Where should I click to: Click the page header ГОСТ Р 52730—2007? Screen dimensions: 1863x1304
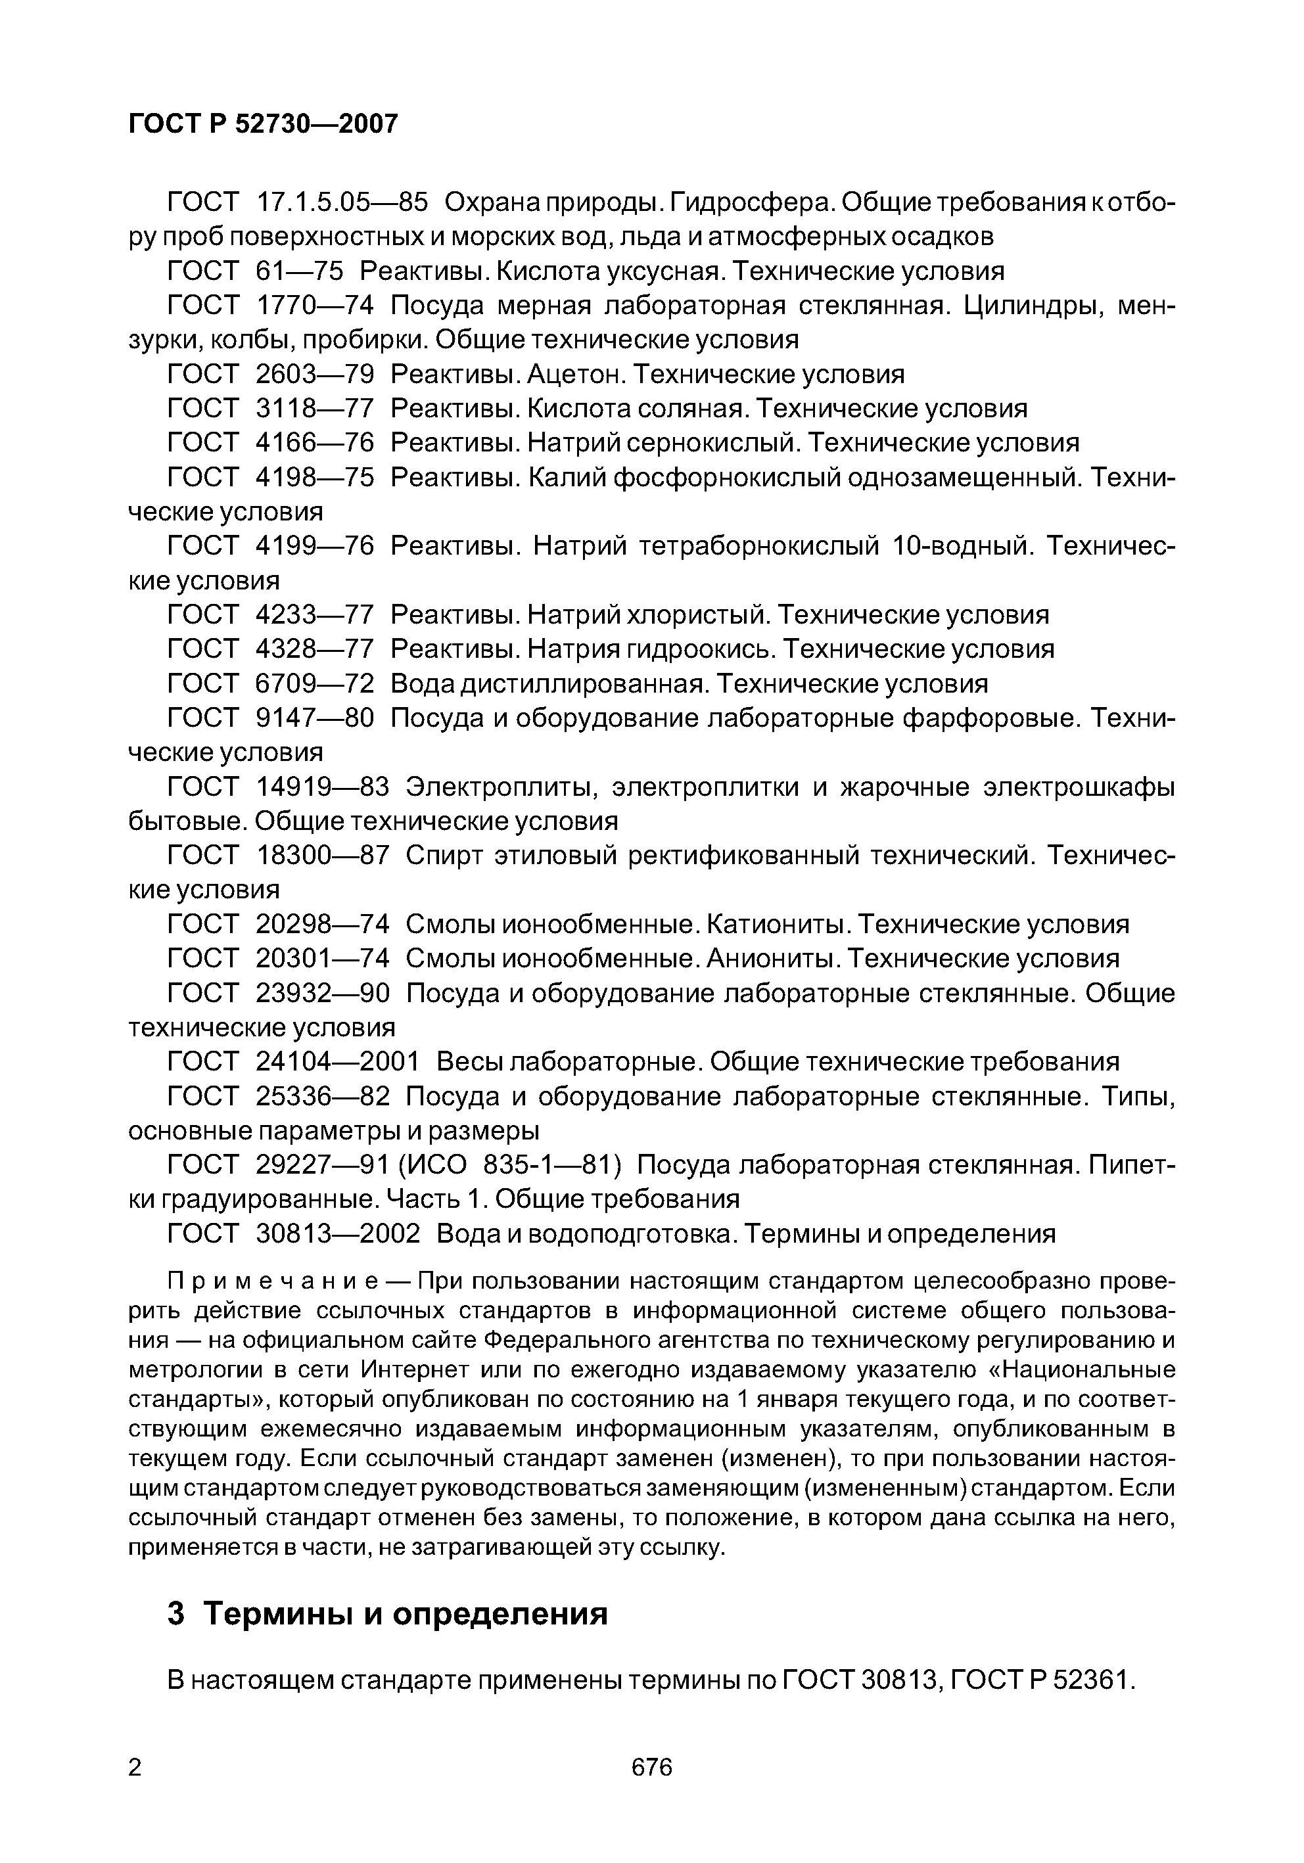click(264, 124)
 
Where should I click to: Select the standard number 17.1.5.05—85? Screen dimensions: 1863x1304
click(341, 202)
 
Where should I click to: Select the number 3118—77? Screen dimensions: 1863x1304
click(315, 408)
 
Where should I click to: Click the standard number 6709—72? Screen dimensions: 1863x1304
click(315, 684)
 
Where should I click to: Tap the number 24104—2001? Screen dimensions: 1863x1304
click(338, 1062)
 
